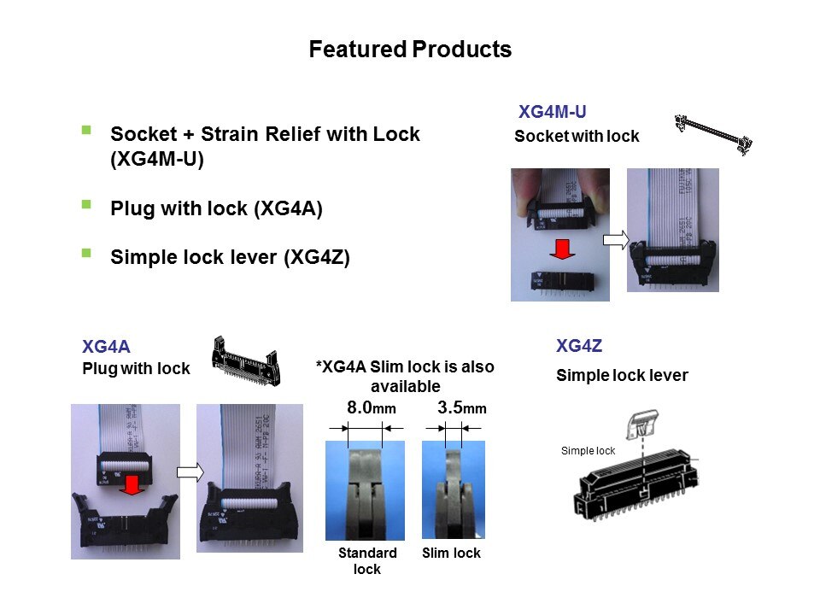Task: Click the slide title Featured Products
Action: (x=410, y=50)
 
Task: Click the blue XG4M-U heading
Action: (x=552, y=112)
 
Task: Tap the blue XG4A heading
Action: (x=106, y=347)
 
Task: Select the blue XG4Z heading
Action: (x=579, y=346)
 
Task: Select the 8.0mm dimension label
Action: (x=372, y=408)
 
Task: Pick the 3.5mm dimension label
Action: (x=461, y=408)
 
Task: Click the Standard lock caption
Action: (x=367, y=560)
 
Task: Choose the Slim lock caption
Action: (x=451, y=553)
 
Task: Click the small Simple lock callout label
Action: (x=588, y=451)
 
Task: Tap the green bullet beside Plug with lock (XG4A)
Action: (x=85, y=205)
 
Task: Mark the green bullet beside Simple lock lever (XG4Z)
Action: (x=85, y=254)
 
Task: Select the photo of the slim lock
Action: (x=454, y=490)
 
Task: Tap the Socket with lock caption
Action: (x=577, y=137)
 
